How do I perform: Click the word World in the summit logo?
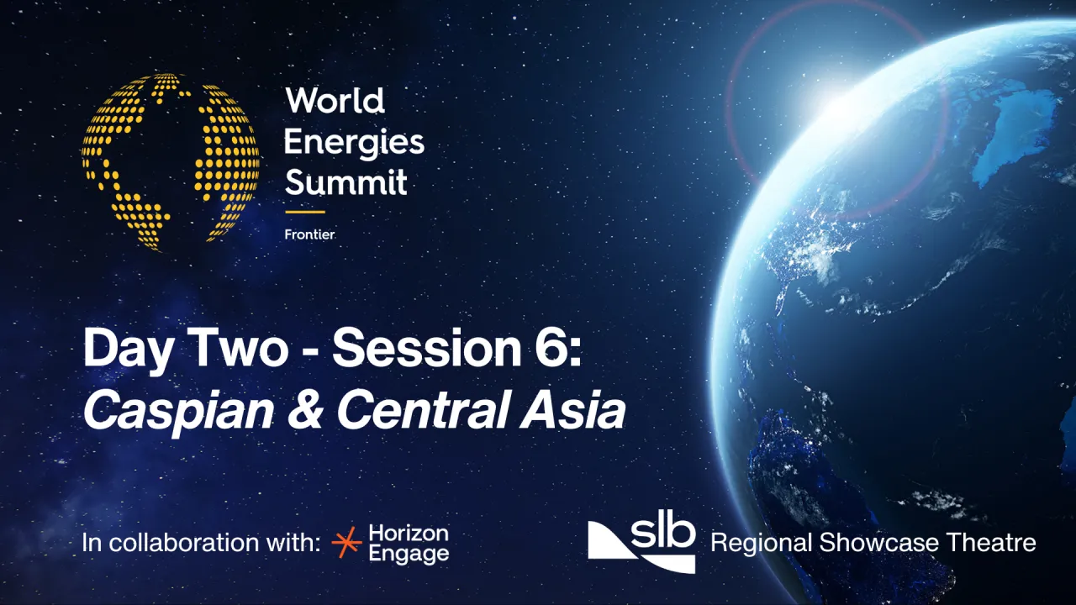tap(335, 102)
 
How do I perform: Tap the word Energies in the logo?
tap(354, 143)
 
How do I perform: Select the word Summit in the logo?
tap(345, 181)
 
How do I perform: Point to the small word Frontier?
tap(309, 234)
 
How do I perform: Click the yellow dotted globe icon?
tap(171, 161)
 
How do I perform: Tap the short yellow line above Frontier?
tap(304, 212)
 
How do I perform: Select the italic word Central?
tap(435, 412)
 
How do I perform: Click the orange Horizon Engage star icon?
tap(346, 543)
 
